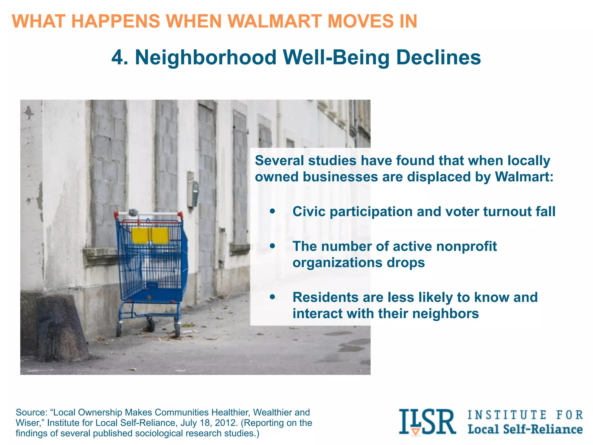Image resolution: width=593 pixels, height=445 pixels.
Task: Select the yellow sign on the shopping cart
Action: point(150,235)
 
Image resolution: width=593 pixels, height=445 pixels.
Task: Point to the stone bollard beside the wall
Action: point(61,327)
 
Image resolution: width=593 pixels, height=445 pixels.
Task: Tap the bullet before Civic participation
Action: point(272,211)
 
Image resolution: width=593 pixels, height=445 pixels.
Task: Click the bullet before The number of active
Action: point(272,246)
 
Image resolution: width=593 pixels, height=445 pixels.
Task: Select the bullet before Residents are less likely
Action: point(272,297)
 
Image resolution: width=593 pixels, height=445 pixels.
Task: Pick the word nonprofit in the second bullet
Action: point(466,246)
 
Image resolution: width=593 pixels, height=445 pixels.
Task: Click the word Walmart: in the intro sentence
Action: point(524,177)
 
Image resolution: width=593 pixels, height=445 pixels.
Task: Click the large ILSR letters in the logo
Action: point(427,422)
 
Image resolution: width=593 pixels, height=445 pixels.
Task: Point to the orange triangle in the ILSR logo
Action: point(416,431)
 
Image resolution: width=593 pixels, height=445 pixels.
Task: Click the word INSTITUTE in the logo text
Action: point(507,415)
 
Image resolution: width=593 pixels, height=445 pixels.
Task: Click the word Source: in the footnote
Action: point(31,412)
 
